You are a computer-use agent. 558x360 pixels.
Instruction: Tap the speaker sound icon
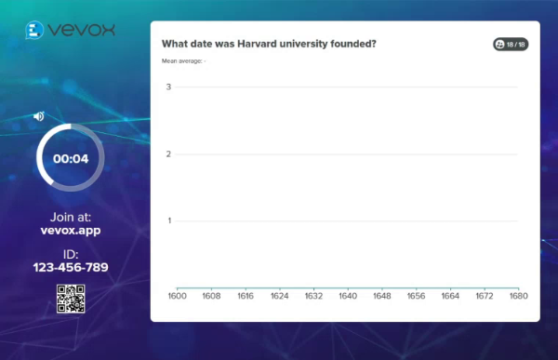coord(39,116)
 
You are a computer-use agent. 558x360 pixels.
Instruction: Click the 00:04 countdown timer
coord(71,158)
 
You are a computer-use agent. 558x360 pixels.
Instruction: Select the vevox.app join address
coord(71,231)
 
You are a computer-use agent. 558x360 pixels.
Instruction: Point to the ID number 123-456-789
coord(71,268)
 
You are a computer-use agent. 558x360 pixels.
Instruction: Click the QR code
coord(71,299)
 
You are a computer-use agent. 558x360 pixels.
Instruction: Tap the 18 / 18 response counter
coord(511,44)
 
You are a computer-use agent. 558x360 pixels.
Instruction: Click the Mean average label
coord(183,61)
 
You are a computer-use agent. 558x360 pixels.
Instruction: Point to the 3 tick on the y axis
coord(168,87)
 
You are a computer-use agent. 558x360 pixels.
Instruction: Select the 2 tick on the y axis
coord(168,154)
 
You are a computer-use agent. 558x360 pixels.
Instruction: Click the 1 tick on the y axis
coord(168,221)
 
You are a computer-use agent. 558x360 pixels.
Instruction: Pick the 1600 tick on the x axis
coord(177,296)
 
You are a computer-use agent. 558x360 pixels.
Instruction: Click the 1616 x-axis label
coord(245,296)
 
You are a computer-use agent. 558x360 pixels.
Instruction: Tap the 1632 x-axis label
coord(313,296)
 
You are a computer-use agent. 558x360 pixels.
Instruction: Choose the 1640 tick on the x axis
coord(348,296)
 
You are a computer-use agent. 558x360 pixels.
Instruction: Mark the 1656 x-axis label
coord(416,296)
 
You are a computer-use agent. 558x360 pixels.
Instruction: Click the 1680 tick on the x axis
coord(518,296)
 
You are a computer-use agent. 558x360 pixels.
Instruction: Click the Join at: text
coord(71,216)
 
